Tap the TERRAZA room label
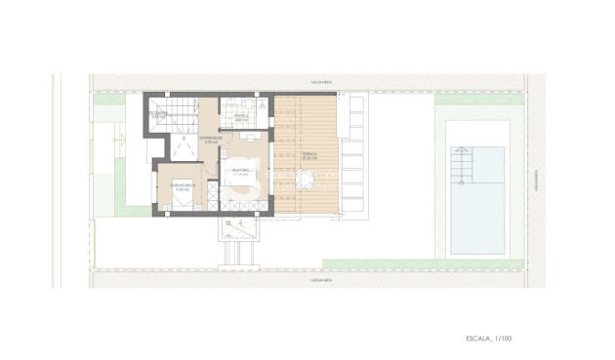(308, 152)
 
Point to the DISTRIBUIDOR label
(212, 139)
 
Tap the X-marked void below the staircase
(183, 147)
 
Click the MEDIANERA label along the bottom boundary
(321, 277)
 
